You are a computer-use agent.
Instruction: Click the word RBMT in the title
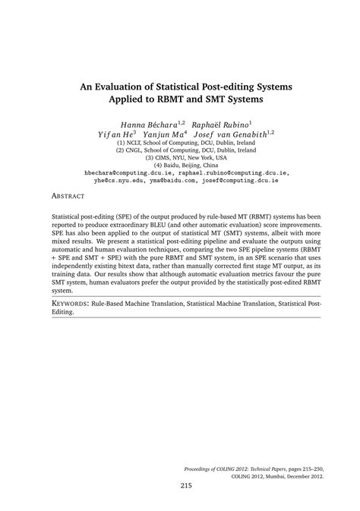click(x=198, y=99)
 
